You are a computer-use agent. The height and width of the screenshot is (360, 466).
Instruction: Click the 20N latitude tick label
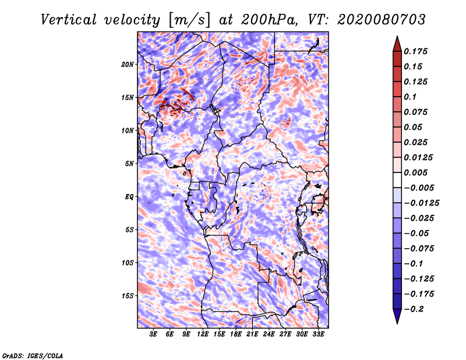(x=128, y=64)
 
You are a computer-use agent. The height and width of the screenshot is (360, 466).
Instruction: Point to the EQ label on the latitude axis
(x=129, y=197)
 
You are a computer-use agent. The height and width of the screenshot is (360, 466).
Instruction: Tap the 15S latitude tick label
(x=128, y=296)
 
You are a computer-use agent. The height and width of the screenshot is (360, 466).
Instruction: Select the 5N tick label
(x=129, y=164)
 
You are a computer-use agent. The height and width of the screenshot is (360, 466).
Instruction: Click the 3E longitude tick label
(x=153, y=334)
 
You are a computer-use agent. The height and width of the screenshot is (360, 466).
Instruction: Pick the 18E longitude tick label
(x=236, y=334)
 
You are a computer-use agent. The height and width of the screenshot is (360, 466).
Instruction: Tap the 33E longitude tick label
(x=318, y=334)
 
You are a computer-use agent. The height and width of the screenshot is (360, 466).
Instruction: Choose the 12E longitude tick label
(x=203, y=334)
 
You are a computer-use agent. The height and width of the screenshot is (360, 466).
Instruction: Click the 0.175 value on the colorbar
(x=415, y=51)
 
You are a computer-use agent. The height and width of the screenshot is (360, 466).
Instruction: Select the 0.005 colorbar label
(x=415, y=172)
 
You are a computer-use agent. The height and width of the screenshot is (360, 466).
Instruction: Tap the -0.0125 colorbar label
(x=421, y=203)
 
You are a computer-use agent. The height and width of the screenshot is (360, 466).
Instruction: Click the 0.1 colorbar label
(x=410, y=97)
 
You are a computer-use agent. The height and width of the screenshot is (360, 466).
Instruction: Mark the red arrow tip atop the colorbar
(x=397, y=36)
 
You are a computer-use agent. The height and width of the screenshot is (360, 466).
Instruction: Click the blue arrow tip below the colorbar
(x=397, y=323)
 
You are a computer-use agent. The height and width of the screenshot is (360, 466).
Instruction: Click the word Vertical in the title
(x=69, y=20)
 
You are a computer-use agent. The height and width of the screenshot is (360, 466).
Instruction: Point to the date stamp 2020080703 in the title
(x=382, y=20)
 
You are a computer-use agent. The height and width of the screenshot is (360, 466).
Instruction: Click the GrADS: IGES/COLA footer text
(x=33, y=355)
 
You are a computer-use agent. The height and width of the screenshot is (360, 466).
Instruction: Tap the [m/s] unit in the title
(x=189, y=20)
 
